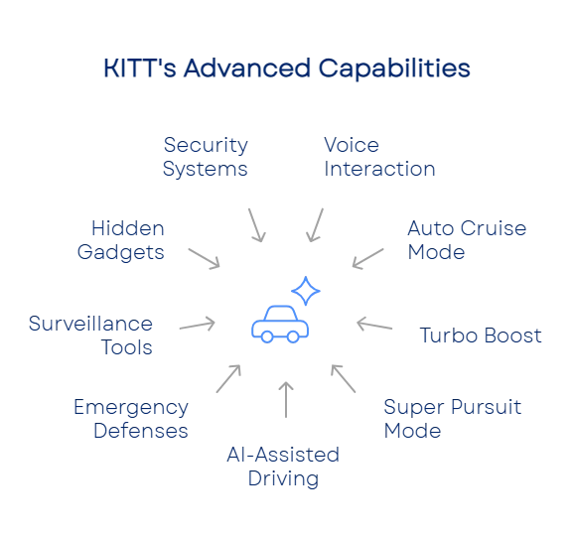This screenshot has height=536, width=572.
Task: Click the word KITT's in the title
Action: tap(140, 68)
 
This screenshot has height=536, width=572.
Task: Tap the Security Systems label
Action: tap(206, 157)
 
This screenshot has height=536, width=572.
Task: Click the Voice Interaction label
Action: tap(379, 157)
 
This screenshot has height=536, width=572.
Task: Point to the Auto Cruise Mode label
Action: tap(467, 240)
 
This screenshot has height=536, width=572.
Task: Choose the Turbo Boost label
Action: tap(481, 335)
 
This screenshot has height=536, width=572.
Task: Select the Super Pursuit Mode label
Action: tap(453, 419)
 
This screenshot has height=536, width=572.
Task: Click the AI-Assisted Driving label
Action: tap(283, 467)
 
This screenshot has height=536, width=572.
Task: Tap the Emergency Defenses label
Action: tap(131, 419)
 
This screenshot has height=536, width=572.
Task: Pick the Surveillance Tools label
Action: tap(90, 335)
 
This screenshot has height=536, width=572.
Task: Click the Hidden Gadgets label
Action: tap(121, 240)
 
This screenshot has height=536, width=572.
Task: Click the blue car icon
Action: tap(280, 325)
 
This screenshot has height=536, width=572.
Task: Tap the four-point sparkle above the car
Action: tap(306, 291)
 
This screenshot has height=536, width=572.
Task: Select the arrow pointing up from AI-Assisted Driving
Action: tap(286, 400)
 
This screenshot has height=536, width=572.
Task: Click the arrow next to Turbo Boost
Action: tap(374, 325)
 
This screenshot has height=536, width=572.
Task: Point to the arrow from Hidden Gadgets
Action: tap(204, 258)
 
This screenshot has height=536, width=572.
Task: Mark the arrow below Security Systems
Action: tap(257, 225)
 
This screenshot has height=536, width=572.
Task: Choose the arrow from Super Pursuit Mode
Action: tap(344, 378)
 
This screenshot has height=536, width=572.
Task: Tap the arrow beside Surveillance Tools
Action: tap(198, 325)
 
